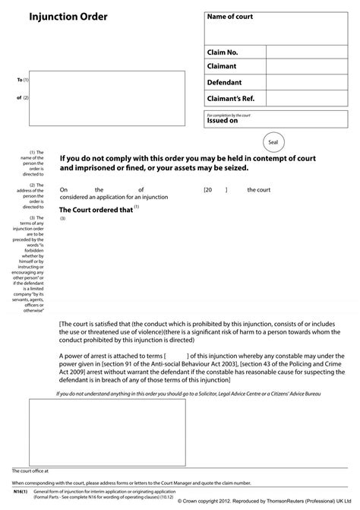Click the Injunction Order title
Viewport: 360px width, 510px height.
[58, 17]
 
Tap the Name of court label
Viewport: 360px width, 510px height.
[230, 17]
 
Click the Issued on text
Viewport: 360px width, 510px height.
[223, 120]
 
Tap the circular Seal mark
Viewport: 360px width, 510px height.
[274, 142]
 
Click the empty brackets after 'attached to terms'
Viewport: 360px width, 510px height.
[175, 356]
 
